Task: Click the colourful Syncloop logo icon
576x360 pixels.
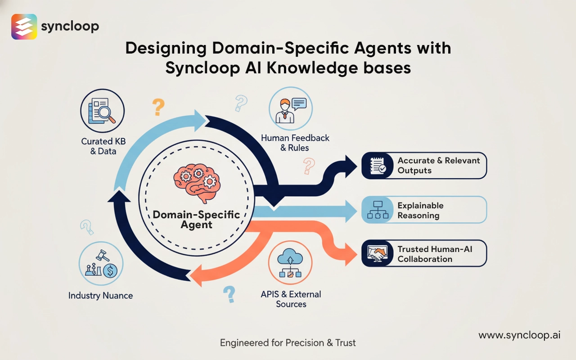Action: click(24, 27)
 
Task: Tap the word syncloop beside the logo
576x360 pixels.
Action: click(70, 26)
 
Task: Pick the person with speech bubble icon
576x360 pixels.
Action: click(290, 108)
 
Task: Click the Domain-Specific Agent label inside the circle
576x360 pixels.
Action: click(196, 219)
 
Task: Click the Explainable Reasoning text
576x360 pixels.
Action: click(420, 210)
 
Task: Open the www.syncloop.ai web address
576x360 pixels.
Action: click(519, 335)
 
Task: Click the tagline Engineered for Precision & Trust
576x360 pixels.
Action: click(288, 343)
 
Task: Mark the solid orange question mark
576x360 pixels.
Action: click(158, 107)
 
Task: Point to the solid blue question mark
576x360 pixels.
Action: click(229, 294)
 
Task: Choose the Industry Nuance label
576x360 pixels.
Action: click(100, 296)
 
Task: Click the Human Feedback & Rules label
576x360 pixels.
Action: click(295, 143)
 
